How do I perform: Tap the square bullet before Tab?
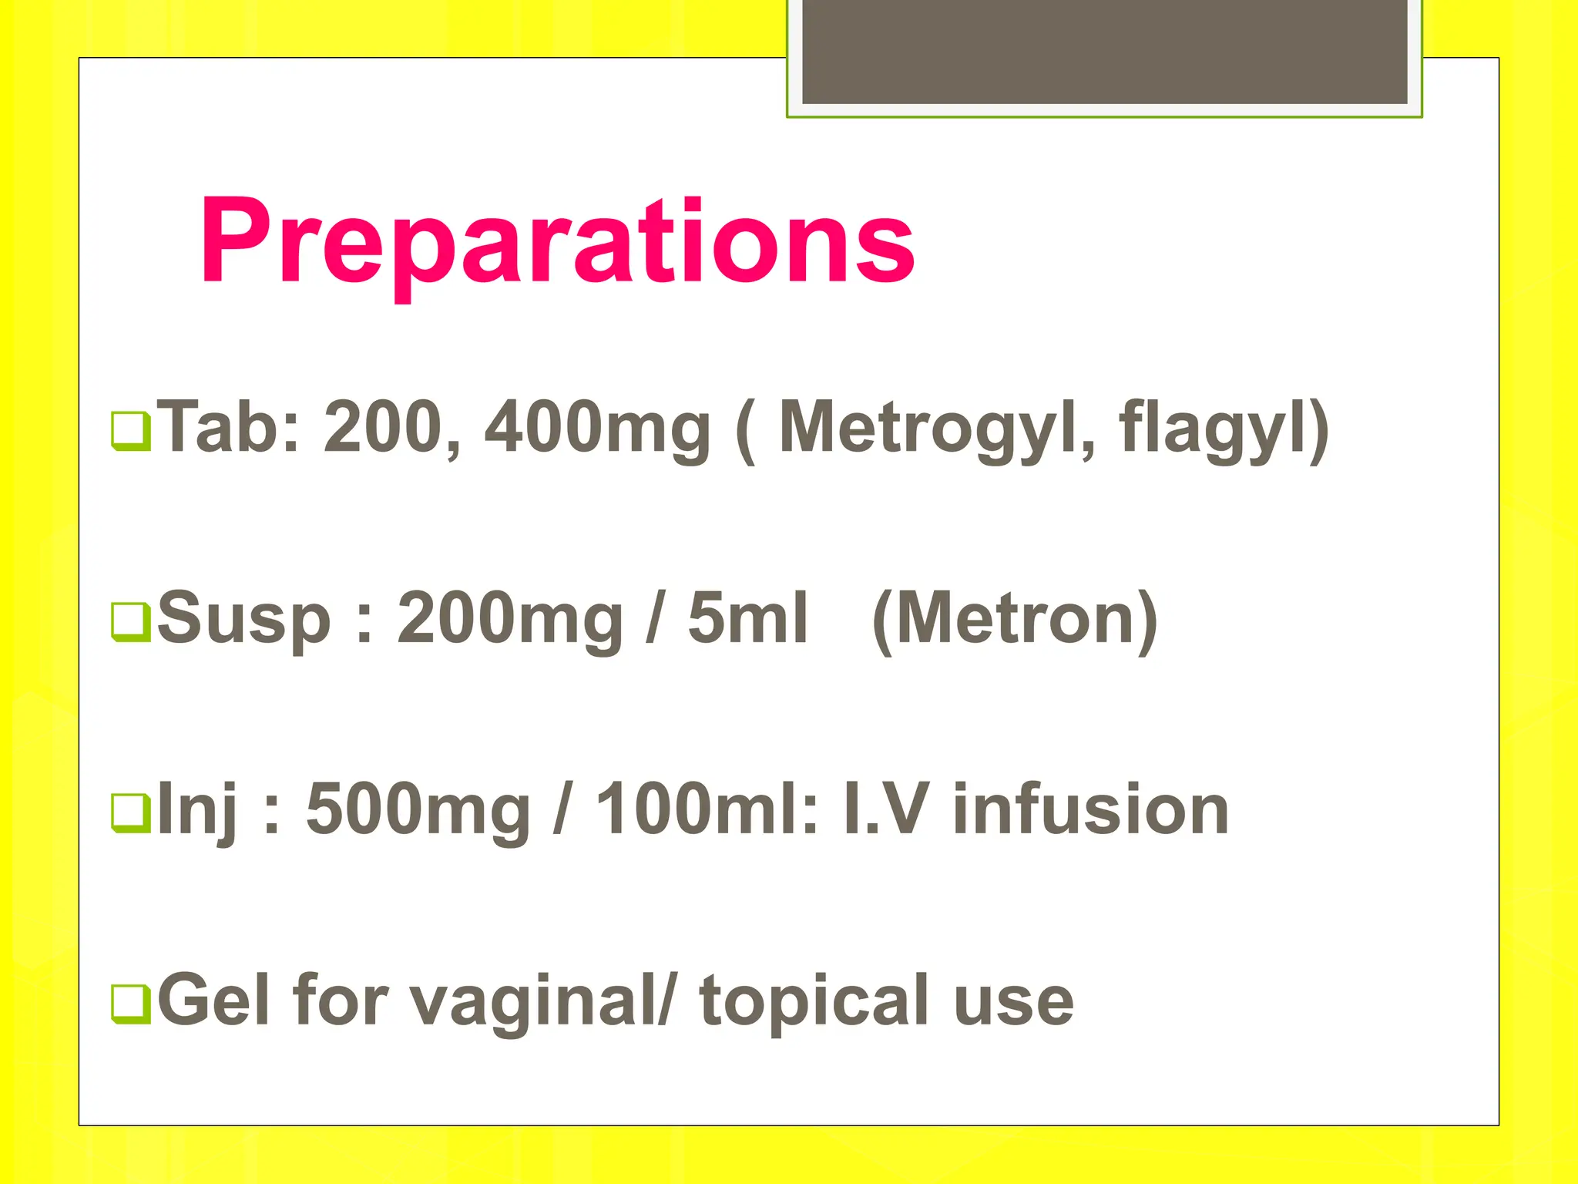point(131,430)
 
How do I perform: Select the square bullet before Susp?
point(131,621)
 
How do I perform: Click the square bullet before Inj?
point(131,812)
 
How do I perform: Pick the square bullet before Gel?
point(131,1004)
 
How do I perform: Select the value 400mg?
point(596,429)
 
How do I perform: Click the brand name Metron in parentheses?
point(1015,619)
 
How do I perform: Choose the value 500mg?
point(418,810)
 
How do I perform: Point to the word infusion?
point(1090,810)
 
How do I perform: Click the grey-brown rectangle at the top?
point(1104,51)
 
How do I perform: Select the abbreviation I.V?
point(882,810)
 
